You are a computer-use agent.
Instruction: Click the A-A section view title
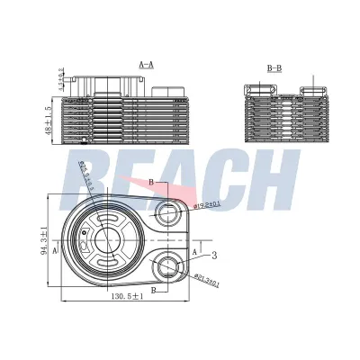[x=146, y=65]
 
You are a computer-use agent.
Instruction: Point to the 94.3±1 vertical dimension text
[x=43, y=243]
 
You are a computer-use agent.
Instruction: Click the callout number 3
[x=213, y=256]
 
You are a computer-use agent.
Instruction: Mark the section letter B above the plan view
[x=151, y=183]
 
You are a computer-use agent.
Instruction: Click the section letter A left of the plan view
[x=55, y=253]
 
